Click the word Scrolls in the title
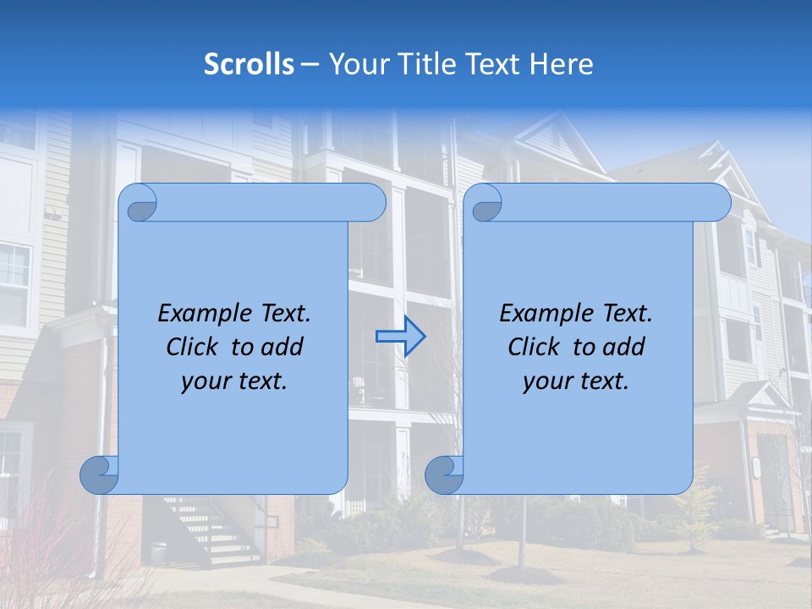click(x=250, y=64)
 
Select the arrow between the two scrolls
click(x=400, y=336)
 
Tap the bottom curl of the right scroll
click(x=444, y=475)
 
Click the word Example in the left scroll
click(x=200, y=314)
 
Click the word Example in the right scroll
click(x=541, y=314)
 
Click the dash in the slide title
click(x=310, y=64)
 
